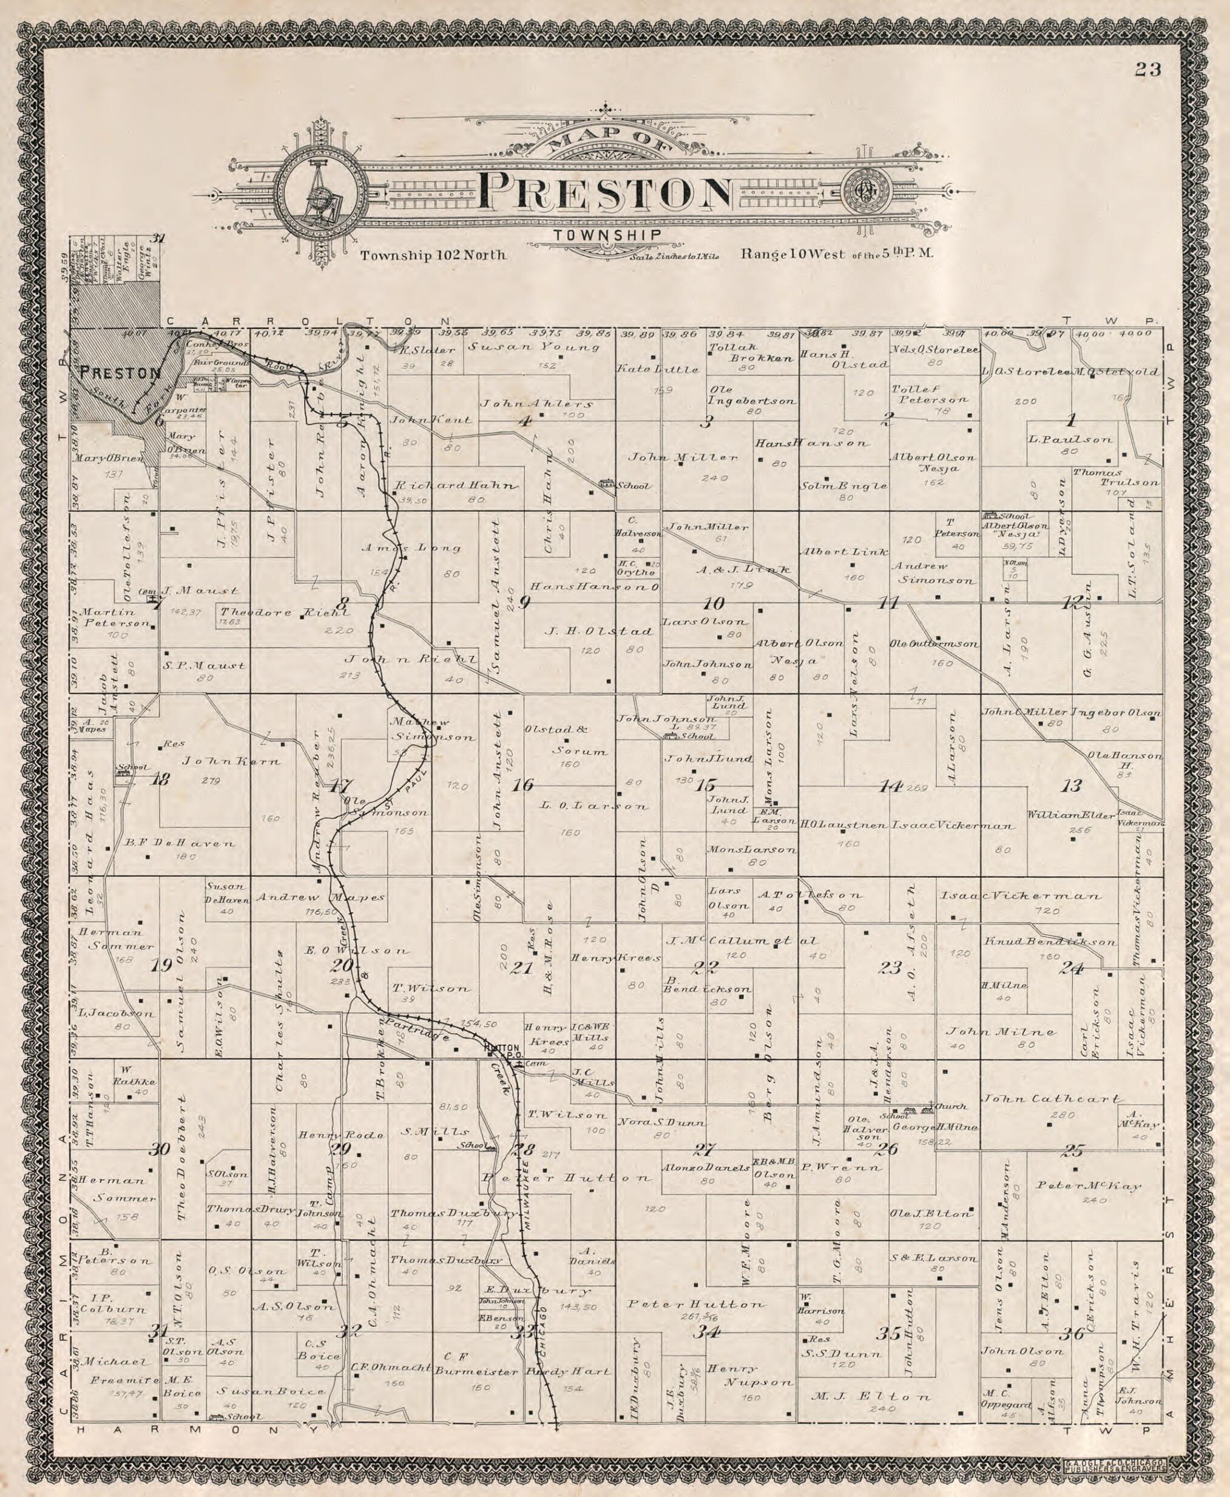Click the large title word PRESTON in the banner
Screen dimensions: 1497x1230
(604, 192)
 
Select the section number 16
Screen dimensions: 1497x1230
(523, 785)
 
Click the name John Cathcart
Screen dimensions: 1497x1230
(1051, 1099)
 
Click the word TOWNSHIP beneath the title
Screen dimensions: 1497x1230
(609, 236)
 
